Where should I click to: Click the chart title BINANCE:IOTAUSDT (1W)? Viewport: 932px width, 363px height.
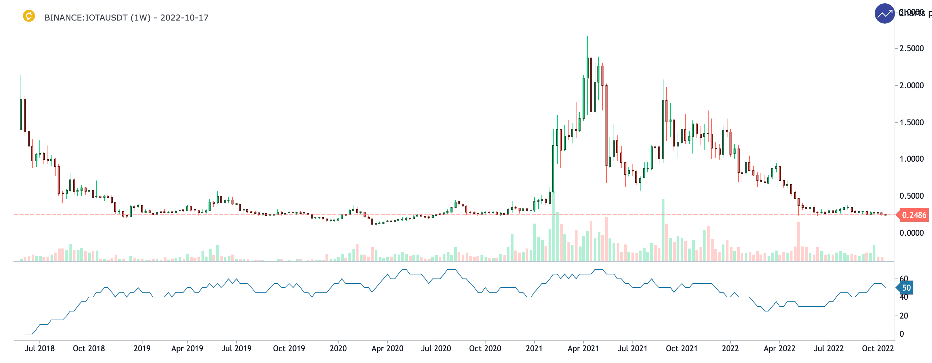point(97,18)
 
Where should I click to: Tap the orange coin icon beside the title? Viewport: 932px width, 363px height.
point(29,16)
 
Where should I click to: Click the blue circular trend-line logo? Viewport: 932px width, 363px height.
point(884,14)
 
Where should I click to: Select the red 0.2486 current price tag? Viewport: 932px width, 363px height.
point(913,215)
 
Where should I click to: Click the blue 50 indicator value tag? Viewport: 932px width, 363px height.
point(906,288)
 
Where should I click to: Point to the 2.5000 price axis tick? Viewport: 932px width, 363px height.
point(911,49)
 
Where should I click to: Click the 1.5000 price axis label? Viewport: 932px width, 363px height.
point(911,123)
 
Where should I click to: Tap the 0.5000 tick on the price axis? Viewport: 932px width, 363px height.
point(911,196)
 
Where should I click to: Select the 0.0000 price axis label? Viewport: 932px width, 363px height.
point(911,233)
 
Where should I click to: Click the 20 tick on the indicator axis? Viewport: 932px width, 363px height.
point(903,316)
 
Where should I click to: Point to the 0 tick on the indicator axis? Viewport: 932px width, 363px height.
point(902,334)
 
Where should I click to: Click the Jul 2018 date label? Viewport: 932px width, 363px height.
point(39,349)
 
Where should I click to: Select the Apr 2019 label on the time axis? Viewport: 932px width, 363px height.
point(187,349)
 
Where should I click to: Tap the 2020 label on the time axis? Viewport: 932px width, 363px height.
point(338,349)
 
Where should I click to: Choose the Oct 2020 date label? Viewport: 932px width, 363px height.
point(485,349)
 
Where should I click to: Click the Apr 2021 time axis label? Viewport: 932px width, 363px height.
point(583,349)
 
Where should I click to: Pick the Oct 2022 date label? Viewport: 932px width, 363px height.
point(878,349)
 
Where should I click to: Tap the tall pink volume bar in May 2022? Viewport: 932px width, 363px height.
point(799,241)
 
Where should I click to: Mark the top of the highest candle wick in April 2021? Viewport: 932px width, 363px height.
point(588,36)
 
